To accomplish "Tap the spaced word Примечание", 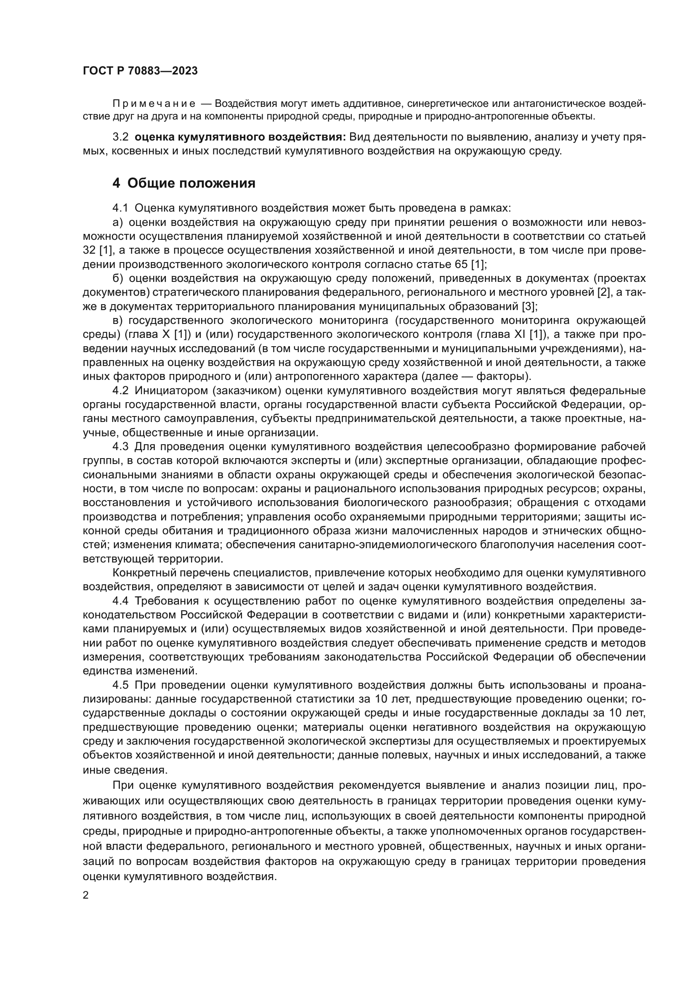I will (x=154, y=104).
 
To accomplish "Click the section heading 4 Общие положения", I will (x=184, y=183).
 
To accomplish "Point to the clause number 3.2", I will (x=120, y=137).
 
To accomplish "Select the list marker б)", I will (x=118, y=278).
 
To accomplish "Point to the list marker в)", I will (x=118, y=320).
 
